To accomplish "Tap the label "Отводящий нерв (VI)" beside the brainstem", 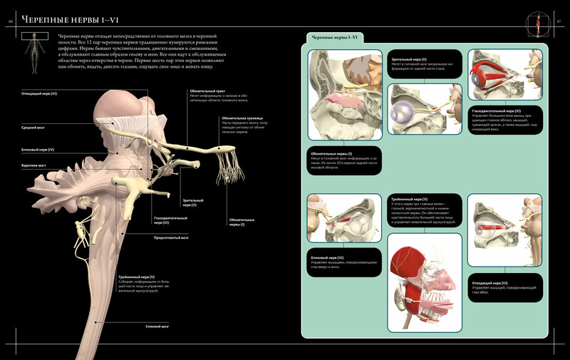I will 39,93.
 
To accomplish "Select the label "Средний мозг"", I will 32,128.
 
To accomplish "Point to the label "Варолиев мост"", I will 33,165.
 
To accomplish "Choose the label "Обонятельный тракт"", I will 208,91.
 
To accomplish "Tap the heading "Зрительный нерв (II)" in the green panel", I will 410,60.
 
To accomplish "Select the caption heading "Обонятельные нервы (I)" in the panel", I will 331,153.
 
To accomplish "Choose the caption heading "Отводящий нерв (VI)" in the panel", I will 492,282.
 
